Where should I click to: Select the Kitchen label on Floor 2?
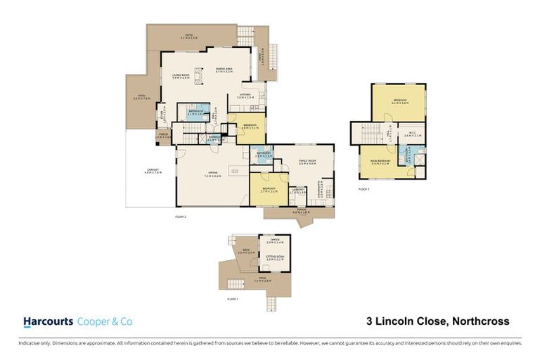pos(245,96)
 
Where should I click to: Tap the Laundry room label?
pos(298,191)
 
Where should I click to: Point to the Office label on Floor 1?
pos(274,242)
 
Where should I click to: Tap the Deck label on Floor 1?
pos(246,251)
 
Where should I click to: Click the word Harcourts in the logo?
pos(48,321)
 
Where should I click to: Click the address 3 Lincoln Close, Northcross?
pos(437,321)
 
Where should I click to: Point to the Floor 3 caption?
pos(364,190)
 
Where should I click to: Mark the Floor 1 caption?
pos(233,299)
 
